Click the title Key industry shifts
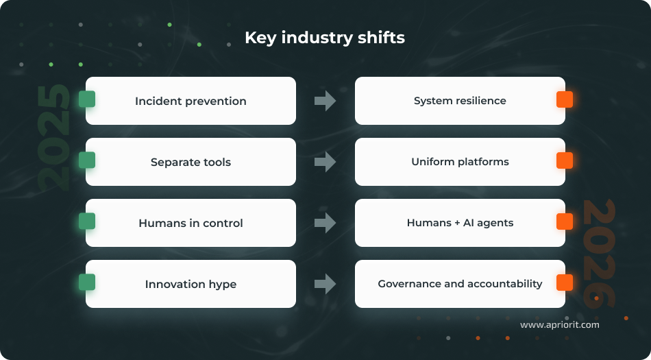pyautogui.click(x=325, y=38)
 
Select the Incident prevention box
pyautogui.click(x=191, y=101)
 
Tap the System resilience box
pyautogui.click(x=460, y=101)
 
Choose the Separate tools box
pyautogui.click(x=191, y=162)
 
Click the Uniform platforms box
pyautogui.click(x=460, y=162)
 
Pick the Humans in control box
pyautogui.click(x=191, y=223)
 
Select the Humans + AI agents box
pyautogui.click(x=460, y=223)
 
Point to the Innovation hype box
pyautogui.click(x=191, y=284)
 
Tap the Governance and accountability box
pyautogui.click(x=460, y=284)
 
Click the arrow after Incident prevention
pyautogui.click(x=325, y=101)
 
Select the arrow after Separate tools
pyautogui.click(x=325, y=162)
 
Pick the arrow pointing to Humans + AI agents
pyautogui.click(x=325, y=223)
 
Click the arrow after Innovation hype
pyautogui.click(x=325, y=284)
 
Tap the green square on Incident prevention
pyautogui.click(x=87, y=99)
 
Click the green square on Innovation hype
pyautogui.click(x=87, y=283)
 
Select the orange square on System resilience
pyautogui.click(x=564, y=99)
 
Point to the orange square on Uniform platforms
pyautogui.click(x=564, y=160)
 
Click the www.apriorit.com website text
pyautogui.click(x=559, y=324)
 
